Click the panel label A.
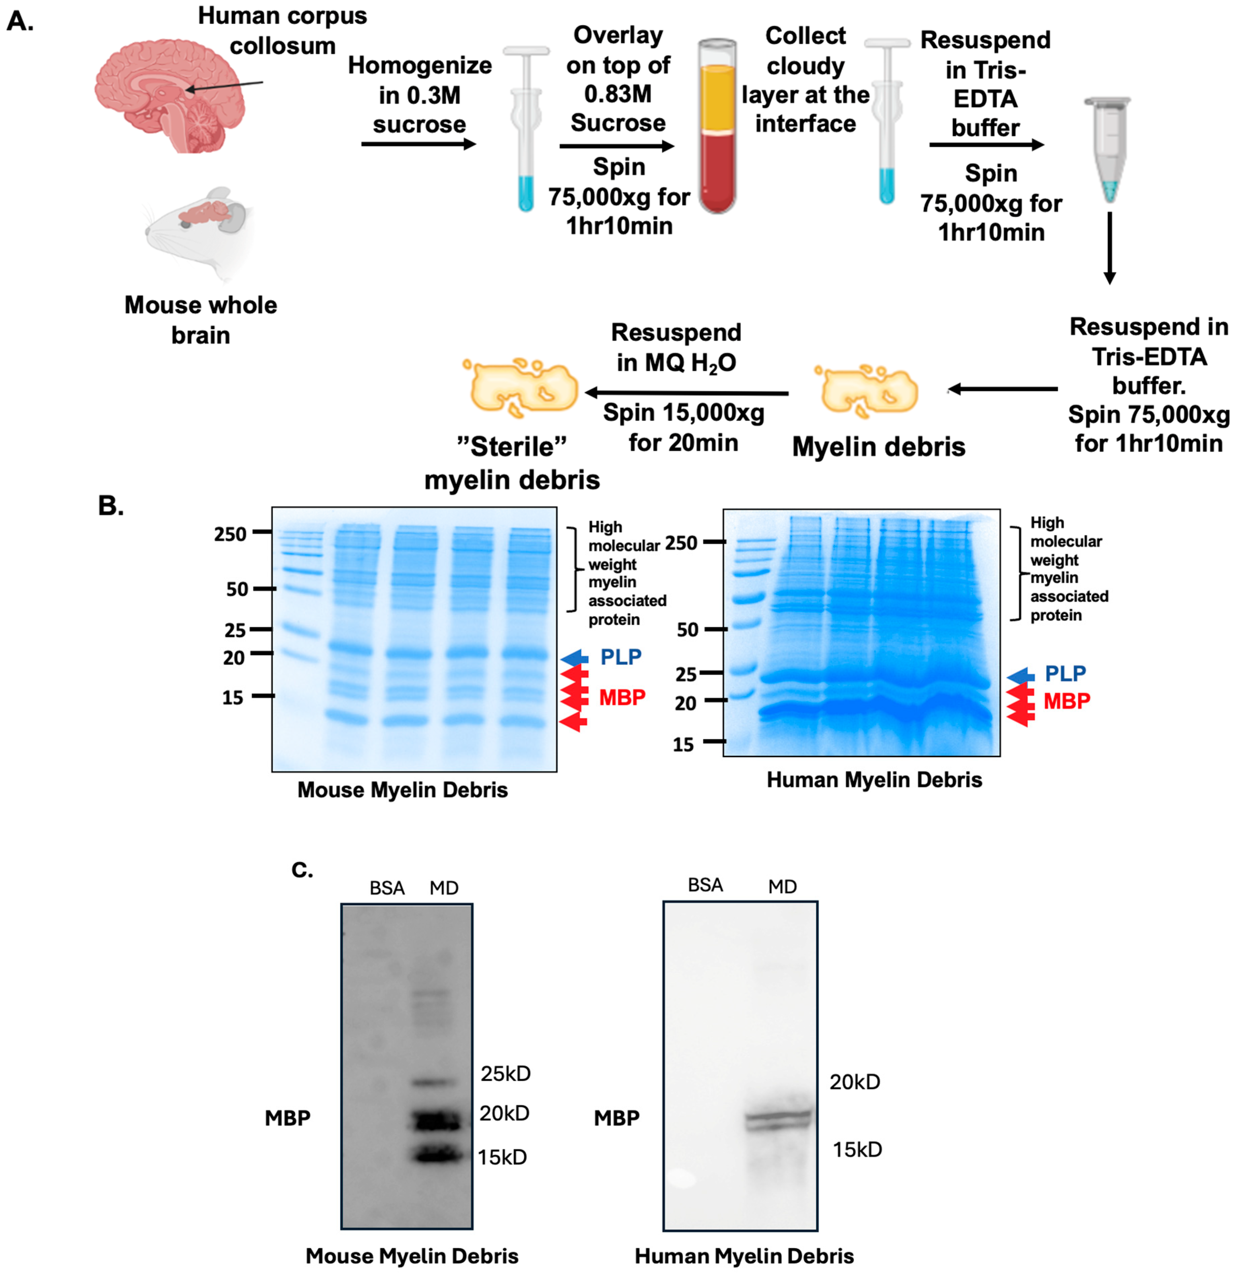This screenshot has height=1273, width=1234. click(20, 22)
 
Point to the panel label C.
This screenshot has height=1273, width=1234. click(302, 869)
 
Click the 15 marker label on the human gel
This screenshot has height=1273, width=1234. click(683, 744)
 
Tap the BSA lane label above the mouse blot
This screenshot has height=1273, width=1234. click(387, 888)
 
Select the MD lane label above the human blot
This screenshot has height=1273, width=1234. click(782, 886)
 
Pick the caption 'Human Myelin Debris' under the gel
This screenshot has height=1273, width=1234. click(874, 779)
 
